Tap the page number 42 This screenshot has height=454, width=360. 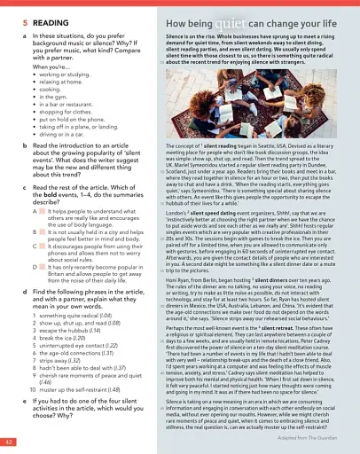pos(7,441)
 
